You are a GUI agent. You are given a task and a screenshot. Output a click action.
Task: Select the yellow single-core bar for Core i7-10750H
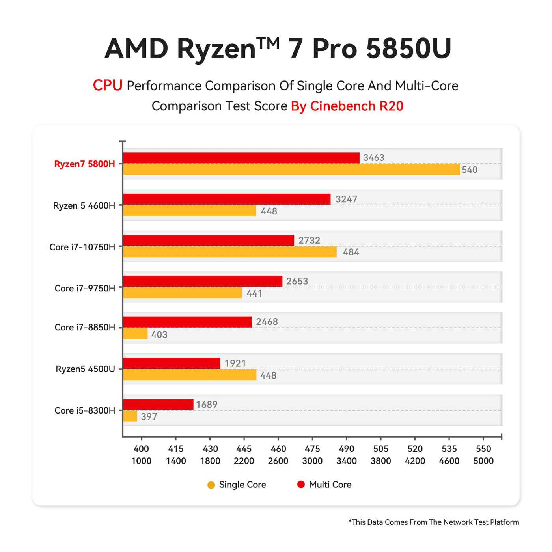pos(230,252)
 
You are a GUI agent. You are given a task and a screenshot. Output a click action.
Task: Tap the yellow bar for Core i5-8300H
pos(130,416)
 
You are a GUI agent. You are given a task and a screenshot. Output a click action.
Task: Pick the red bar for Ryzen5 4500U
pos(172,363)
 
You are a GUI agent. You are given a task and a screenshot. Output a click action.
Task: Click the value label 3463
pos(373,158)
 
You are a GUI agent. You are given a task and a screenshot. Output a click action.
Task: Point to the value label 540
pos(470,170)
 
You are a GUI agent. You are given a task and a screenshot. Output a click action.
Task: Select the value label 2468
pos(267,322)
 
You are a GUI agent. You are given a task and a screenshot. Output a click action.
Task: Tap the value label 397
pos(149,417)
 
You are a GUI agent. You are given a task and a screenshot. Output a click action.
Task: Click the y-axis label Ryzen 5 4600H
pos(84,206)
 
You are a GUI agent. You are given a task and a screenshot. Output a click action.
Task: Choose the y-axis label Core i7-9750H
pos(85,289)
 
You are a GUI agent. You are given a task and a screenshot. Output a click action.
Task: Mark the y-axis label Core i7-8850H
pos(85,328)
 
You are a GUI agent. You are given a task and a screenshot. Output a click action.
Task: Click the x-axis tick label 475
pos(312,449)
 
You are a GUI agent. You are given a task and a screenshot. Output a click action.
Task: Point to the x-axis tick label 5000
pos(483,461)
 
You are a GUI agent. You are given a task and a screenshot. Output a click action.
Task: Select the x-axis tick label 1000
pos(141,461)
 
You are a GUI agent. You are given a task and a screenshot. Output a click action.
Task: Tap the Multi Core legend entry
pos(325,485)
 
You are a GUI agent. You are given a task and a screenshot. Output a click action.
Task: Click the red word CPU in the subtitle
pos(108,85)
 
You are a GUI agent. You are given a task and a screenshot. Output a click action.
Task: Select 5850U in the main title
pos(408,49)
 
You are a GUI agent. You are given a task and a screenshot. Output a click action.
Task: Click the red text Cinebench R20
pos(356,106)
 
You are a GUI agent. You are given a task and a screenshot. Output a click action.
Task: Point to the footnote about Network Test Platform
pos(434,522)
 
